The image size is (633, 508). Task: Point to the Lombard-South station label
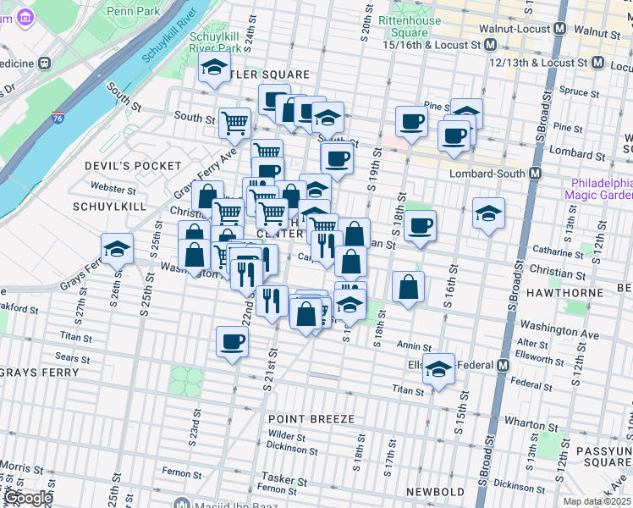(491, 173)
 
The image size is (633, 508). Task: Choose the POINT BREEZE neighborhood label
(308, 419)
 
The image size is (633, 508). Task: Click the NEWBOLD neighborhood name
(435, 492)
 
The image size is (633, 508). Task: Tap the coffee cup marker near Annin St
(231, 343)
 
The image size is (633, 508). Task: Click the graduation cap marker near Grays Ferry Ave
(117, 249)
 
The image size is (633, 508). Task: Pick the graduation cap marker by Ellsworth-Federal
(439, 369)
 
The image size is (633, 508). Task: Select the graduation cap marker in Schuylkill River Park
(215, 67)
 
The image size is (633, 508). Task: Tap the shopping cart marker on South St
(234, 122)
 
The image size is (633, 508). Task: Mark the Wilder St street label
(288, 435)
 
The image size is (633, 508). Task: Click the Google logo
(27, 498)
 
